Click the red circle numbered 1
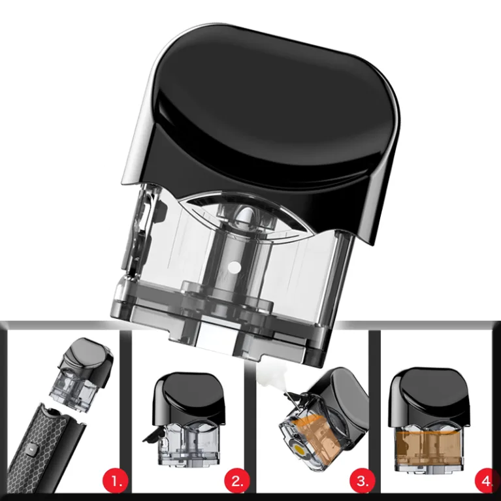coord(115,481)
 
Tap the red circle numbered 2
coord(237,481)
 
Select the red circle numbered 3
coord(363,481)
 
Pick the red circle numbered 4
coord(487,481)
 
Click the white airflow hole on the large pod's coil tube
coord(235,267)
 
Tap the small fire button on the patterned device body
coord(32,450)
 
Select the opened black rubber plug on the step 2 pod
coord(153,436)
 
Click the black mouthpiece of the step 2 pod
coord(189,398)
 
